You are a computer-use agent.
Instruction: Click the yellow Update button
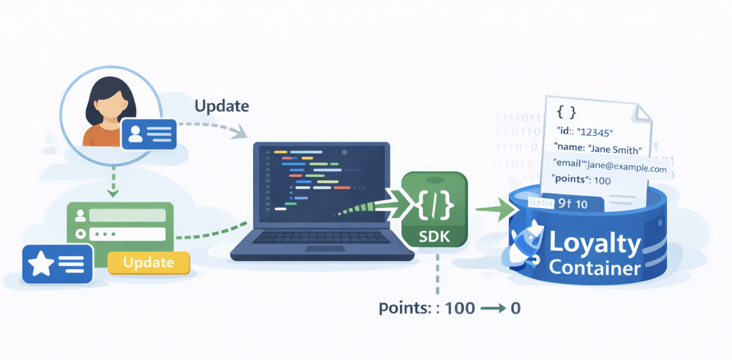coord(148,263)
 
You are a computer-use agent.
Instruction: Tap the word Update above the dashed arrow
coord(222,106)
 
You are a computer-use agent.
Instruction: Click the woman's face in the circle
coord(110,104)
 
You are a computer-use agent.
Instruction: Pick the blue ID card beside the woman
coord(149,134)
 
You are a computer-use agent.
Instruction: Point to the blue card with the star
coord(57,264)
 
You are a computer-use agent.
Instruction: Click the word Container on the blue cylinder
coord(595,268)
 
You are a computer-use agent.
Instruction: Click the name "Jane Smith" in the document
coord(615,149)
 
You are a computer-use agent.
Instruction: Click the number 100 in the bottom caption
coord(460,309)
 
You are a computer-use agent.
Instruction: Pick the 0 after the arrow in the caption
coord(515,309)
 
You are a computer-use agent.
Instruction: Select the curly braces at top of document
coord(566,112)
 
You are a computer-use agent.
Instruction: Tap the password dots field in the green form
coord(127,234)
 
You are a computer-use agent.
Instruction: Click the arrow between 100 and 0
coord(493,309)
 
